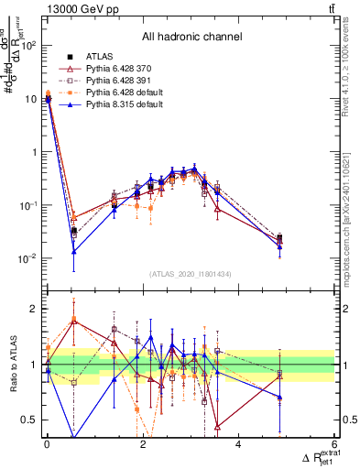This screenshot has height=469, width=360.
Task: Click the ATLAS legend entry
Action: coord(99,57)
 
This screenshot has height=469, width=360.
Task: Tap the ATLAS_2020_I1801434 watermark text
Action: coord(191,274)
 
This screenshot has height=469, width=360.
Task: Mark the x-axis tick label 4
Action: coord(238,445)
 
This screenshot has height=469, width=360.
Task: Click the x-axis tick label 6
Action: coord(334,445)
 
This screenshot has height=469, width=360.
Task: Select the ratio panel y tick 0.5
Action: coord(30,420)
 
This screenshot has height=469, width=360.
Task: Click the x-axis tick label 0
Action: coord(47,445)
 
